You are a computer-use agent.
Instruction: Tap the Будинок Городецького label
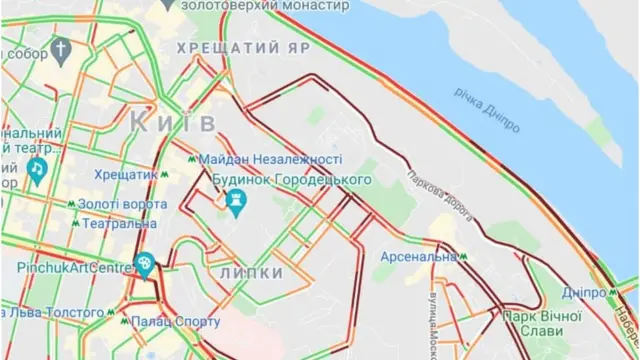(x=292, y=179)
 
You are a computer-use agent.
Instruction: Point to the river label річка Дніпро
(x=488, y=110)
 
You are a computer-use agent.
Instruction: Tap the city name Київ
(x=173, y=122)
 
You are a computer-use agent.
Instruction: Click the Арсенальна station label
(x=418, y=257)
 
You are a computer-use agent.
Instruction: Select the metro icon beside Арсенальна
(x=464, y=257)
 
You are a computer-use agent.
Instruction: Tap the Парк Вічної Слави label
(x=542, y=322)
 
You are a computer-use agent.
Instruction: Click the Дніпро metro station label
(x=584, y=293)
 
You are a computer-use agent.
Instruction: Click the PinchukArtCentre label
(x=74, y=268)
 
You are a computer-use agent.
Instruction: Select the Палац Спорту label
(x=175, y=322)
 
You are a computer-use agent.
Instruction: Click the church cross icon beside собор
(x=63, y=49)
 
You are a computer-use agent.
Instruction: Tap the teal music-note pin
(x=37, y=170)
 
